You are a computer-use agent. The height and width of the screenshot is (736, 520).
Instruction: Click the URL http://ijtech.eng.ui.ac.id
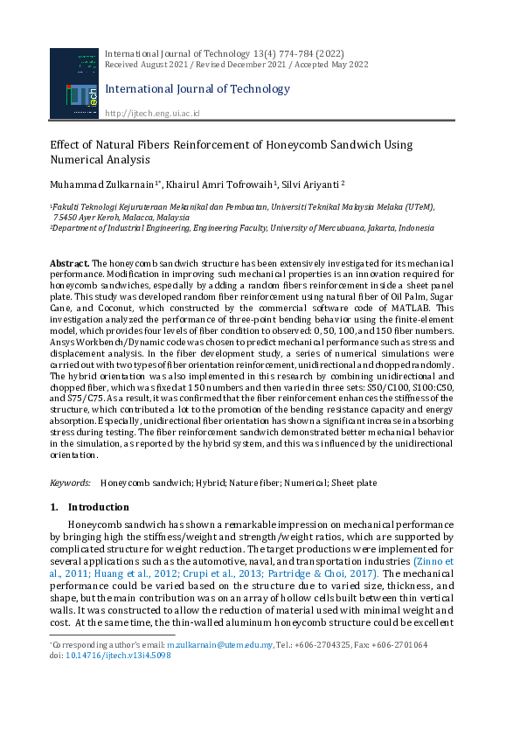[x=152, y=114]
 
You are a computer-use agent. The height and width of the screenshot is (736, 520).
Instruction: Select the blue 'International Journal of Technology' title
[x=198, y=89]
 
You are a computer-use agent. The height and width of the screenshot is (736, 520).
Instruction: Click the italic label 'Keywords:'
[x=70, y=483]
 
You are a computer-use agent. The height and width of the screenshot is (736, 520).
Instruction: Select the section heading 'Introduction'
[x=98, y=507]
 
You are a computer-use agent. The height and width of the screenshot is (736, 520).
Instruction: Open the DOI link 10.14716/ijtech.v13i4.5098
[x=118, y=655]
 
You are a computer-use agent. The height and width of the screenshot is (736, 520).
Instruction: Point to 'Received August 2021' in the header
[x=140, y=65]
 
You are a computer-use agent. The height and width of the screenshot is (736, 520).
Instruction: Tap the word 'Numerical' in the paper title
[x=80, y=160]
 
